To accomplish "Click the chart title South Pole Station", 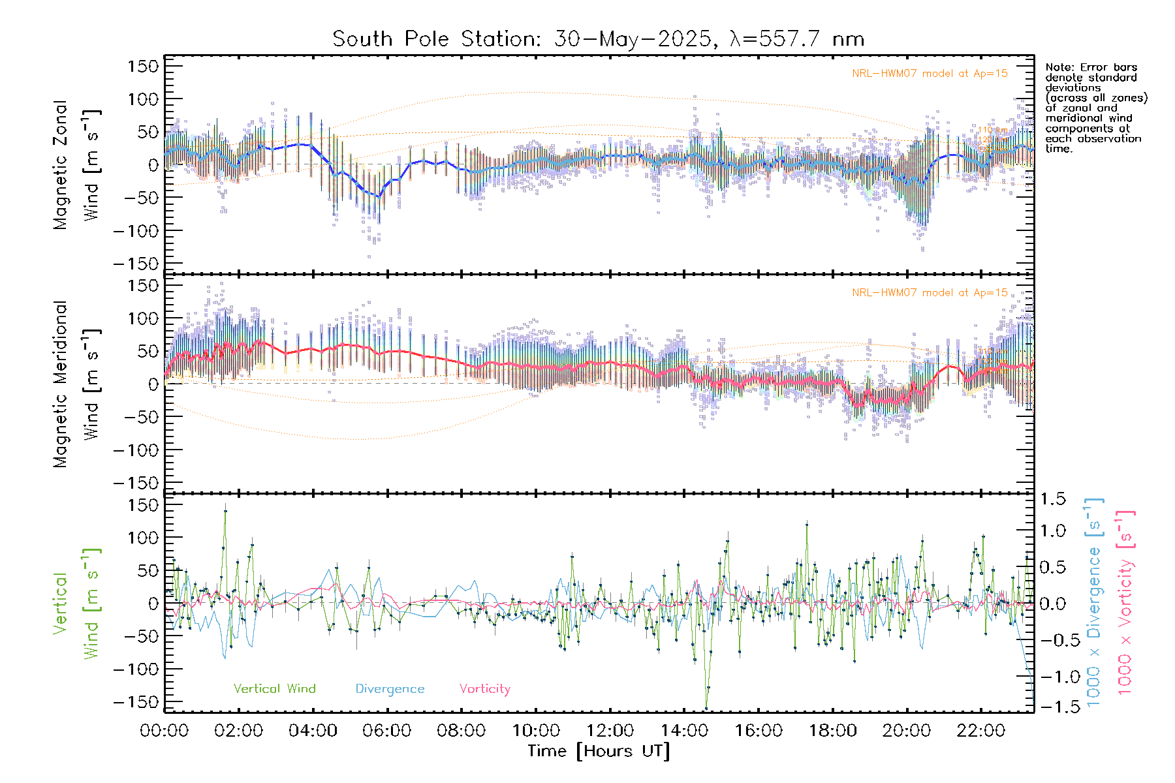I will click(x=598, y=39).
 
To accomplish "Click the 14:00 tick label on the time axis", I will click(x=684, y=731).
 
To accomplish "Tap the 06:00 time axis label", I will click(x=387, y=731).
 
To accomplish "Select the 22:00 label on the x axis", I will click(x=980, y=731).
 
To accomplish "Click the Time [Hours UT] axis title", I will click(x=598, y=751).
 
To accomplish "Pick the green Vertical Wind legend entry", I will click(x=274, y=689).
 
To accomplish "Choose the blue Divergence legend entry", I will click(x=390, y=689).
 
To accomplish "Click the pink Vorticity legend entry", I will click(x=484, y=689).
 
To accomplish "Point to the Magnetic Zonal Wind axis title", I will click(x=77, y=164).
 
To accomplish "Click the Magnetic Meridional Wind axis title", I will click(x=77, y=384).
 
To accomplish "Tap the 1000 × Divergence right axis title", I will click(x=1094, y=603).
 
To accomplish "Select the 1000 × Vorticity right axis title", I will click(x=1125, y=603).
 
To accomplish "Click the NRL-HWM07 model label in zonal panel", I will click(x=930, y=74).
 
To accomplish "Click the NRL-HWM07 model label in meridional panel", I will click(x=930, y=293).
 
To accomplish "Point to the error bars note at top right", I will click(x=1095, y=108).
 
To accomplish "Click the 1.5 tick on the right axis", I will click(x=1052, y=499).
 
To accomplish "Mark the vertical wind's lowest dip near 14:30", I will click(x=706, y=708).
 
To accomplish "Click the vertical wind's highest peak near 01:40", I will click(x=225, y=510).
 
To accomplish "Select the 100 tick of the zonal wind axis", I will click(x=143, y=99).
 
